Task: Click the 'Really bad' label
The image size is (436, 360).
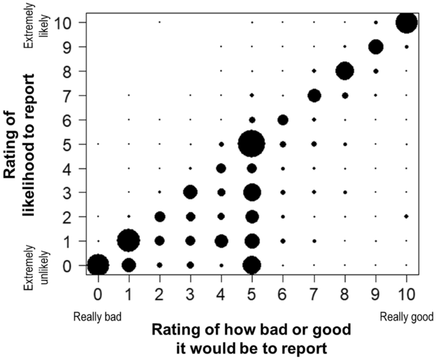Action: coord(97,317)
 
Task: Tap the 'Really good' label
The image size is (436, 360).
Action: coord(407,317)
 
